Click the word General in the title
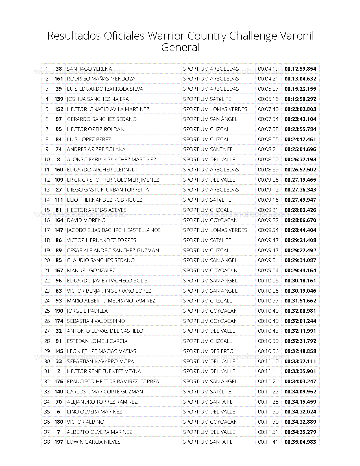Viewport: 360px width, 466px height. pos(180,47)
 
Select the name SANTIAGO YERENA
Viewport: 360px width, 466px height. pos(89,69)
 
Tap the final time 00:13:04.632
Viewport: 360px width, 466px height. pos(300,79)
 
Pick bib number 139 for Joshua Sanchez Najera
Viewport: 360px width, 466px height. pos(59,99)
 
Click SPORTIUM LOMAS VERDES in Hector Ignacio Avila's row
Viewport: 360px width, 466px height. pos(215,109)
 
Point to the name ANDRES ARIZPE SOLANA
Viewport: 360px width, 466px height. pos(96,149)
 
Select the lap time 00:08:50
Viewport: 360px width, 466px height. pos(268,160)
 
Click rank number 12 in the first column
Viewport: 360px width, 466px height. pos(47,180)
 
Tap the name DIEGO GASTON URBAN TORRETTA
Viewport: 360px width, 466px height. pos(108,190)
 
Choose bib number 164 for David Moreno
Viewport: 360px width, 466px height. pos(59,220)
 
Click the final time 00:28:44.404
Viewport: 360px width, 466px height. pos(300,230)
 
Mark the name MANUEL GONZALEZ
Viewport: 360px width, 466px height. pos(91,271)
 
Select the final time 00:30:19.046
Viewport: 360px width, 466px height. pos(300,291)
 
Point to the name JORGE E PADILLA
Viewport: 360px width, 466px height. pos(87,311)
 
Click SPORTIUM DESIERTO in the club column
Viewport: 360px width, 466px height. pos(208,351)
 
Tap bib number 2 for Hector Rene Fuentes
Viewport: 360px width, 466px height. pos(59,371)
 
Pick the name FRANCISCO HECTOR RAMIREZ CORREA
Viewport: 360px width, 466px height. pos(113,382)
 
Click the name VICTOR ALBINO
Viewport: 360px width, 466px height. pos(86,422)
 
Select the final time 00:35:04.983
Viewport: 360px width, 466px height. pos(300,442)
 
